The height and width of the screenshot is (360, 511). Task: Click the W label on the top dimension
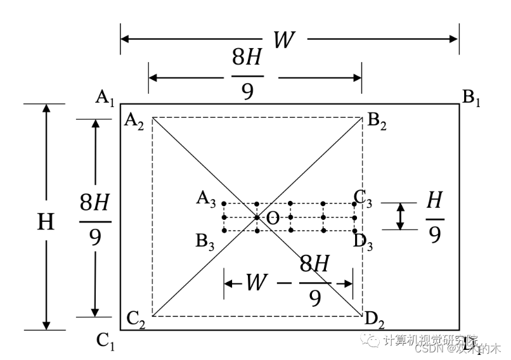[x=283, y=39]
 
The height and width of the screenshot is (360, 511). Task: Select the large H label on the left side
[x=45, y=222]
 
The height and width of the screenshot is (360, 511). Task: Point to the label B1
[x=471, y=98]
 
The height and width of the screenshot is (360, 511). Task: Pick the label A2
[x=134, y=121]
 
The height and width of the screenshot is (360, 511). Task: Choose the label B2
[x=377, y=121]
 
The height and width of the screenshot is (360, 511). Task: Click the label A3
[x=206, y=200]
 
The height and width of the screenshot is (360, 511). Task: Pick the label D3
[x=363, y=241]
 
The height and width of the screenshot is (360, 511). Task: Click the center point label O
[x=272, y=219]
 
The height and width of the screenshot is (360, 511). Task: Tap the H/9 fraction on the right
[x=434, y=217]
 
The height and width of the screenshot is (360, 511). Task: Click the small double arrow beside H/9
[x=400, y=216]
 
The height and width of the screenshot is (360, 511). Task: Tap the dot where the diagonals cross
[x=257, y=217]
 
